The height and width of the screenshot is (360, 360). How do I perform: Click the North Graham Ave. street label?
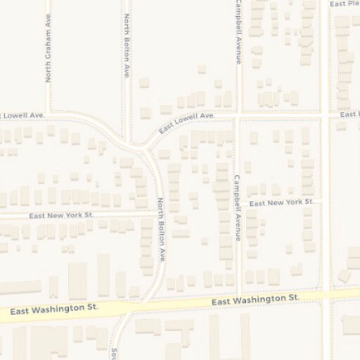pyautogui.click(x=49, y=51)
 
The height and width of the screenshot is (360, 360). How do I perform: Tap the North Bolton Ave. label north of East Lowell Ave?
pyautogui.click(x=127, y=45)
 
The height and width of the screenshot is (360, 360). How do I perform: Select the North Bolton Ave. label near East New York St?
pyautogui.click(x=161, y=230)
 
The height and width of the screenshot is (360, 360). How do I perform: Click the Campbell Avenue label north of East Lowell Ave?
pyautogui.click(x=239, y=32)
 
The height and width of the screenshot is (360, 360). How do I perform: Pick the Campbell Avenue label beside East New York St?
pyautogui.click(x=238, y=208)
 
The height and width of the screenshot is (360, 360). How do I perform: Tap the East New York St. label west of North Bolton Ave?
pyautogui.click(x=62, y=215)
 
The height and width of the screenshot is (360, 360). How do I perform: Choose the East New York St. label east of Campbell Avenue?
pyautogui.click(x=281, y=202)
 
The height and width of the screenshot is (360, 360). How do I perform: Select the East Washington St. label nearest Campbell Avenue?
pyautogui.click(x=256, y=300)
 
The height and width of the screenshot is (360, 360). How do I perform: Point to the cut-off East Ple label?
pyautogui.click(x=344, y=4)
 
